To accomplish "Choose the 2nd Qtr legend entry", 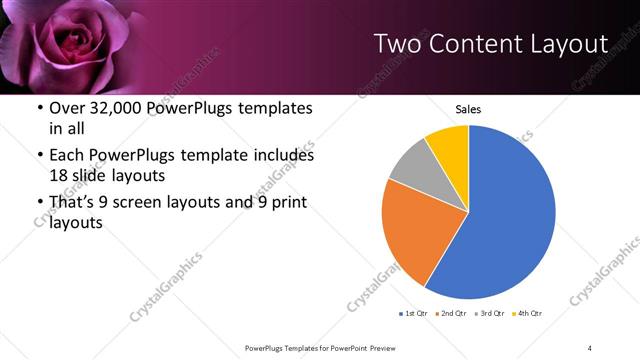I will tap(452, 315).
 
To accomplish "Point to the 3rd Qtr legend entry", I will tap(490, 315).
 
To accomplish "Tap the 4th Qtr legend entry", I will tap(527, 315).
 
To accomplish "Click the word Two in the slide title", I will tap(399, 44).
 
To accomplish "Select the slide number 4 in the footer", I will tap(590, 347).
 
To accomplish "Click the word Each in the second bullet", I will tap(68, 156).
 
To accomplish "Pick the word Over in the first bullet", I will tap(69, 108).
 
